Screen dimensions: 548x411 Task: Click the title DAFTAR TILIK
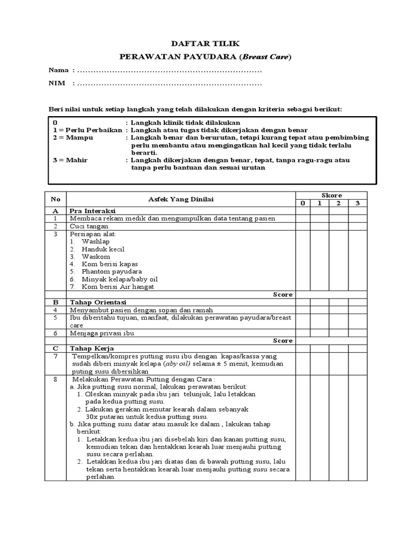click(205, 44)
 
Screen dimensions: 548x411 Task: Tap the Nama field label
click(58, 70)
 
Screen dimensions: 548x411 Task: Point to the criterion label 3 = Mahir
click(70, 160)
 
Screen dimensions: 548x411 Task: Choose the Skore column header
click(331, 195)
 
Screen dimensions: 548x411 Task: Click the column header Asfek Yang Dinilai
click(181, 199)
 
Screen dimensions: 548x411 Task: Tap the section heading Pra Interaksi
click(92, 211)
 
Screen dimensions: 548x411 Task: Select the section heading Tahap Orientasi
click(97, 302)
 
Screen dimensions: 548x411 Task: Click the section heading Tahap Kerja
click(89, 348)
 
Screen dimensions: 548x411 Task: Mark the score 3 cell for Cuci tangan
click(357, 226)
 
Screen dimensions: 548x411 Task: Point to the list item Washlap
click(95, 241)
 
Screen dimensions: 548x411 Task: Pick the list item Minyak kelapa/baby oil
click(119, 279)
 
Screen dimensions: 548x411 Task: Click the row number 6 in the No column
click(55, 333)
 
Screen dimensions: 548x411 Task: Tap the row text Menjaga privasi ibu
click(102, 333)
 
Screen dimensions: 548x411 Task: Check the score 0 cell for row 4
click(303, 310)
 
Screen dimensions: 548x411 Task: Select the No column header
click(55, 199)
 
